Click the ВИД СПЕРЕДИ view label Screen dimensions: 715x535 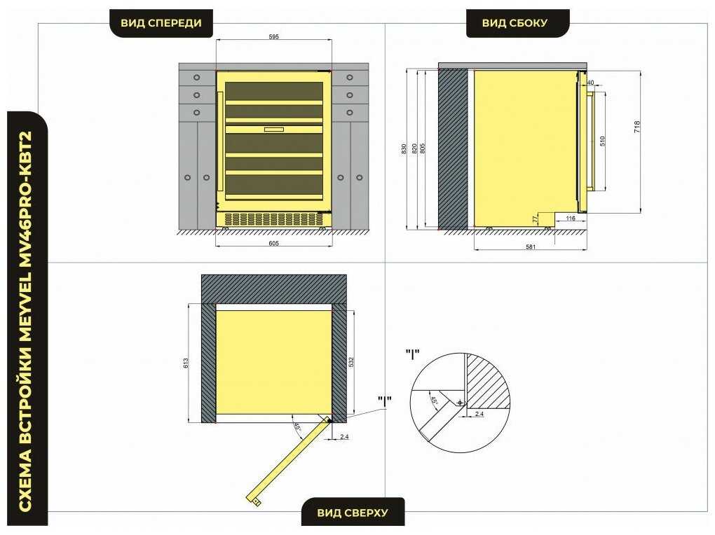[x=161, y=23]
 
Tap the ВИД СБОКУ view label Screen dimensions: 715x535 [x=515, y=23]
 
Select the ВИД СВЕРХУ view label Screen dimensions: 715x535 [x=353, y=513]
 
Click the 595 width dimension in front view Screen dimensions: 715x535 [x=273, y=36]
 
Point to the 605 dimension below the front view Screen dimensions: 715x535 [x=273, y=244]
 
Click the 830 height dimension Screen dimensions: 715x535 [x=404, y=148]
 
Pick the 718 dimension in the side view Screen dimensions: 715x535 [x=637, y=127]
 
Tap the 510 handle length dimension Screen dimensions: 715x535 [x=602, y=141]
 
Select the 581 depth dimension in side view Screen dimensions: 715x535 [x=531, y=247]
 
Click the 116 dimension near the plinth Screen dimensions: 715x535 [x=571, y=218]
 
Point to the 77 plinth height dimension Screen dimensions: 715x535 [x=536, y=220]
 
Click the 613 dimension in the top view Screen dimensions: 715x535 [x=186, y=363]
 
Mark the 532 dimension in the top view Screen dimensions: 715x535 [x=351, y=362]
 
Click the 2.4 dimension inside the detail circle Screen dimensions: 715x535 [x=479, y=414]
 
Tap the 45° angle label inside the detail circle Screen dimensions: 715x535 [x=434, y=401]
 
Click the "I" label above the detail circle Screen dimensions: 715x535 [x=412, y=354]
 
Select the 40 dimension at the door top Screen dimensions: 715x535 [x=590, y=83]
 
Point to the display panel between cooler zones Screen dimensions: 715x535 [x=273, y=130]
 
